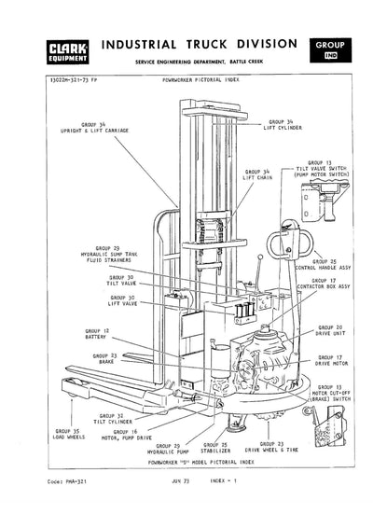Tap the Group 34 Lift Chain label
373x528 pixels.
coord(258,174)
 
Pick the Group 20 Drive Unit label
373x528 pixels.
coord(329,331)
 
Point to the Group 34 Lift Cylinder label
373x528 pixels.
coord(283,124)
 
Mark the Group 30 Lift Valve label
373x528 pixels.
coord(121,301)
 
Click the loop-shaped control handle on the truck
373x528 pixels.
coord(280,243)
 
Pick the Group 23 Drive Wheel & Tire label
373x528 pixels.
coord(277,448)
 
